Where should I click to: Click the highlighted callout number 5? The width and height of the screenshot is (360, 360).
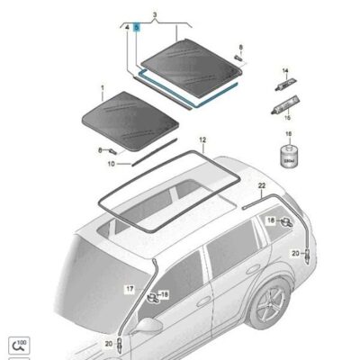[x=137, y=29]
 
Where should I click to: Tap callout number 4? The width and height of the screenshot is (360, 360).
[x=127, y=29]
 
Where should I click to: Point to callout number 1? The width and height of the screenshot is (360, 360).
[x=103, y=92]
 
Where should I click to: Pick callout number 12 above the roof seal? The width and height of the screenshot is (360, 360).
[x=202, y=141]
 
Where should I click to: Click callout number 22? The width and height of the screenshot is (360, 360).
[x=262, y=185]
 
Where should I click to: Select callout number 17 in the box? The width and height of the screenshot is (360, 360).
[x=130, y=288]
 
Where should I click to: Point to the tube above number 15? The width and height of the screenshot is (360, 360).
[x=283, y=105]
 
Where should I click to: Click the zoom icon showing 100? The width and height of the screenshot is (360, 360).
[x=17, y=343]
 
